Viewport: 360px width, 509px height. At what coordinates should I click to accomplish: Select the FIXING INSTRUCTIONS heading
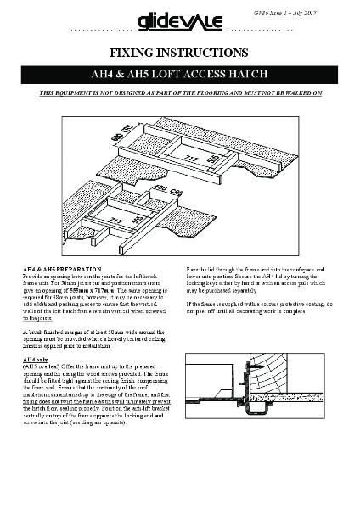[180, 53]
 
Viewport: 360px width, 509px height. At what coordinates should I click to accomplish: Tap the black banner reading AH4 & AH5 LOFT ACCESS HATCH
[180, 76]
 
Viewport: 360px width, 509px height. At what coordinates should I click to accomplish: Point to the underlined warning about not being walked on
[180, 93]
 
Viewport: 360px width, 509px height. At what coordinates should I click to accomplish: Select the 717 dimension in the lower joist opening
[113, 218]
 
